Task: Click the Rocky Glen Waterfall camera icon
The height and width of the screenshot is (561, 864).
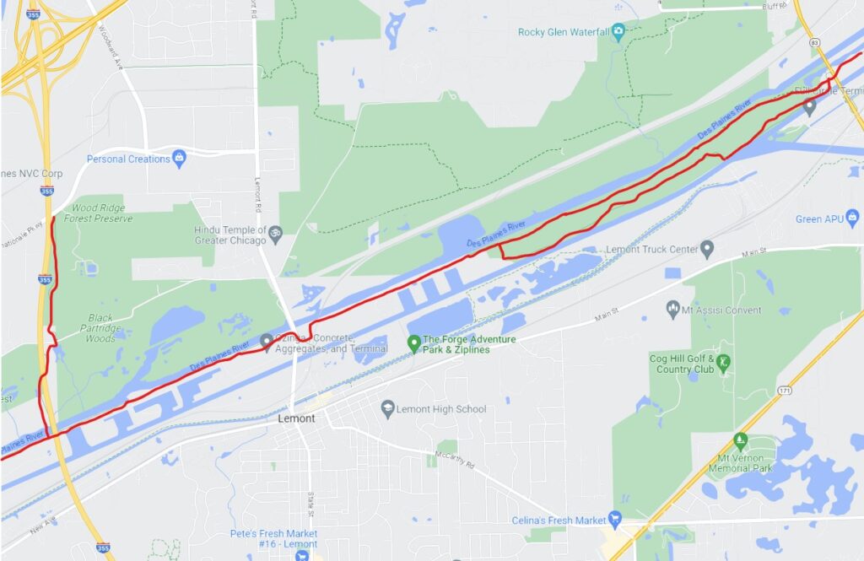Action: click(618, 32)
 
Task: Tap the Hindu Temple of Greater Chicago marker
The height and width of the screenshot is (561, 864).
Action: click(274, 229)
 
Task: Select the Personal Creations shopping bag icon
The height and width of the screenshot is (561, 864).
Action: click(179, 158)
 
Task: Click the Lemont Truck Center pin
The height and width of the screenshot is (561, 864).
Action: click(707, 249)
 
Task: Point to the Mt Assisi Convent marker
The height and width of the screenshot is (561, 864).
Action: click(672, 309)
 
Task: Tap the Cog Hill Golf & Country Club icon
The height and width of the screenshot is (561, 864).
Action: click(724, 364)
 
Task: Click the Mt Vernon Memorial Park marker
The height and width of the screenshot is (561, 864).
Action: click(740, 440)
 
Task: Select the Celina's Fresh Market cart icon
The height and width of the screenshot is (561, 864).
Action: click(615, 520)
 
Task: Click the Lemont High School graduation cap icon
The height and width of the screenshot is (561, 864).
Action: click(387, 408)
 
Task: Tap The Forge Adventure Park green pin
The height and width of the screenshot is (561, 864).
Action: click(413, 343)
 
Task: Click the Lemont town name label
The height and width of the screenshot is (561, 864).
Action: click(296, 418)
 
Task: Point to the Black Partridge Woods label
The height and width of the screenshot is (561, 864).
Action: click(100, 328)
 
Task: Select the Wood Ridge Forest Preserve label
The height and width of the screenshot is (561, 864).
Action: click(102, 213)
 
